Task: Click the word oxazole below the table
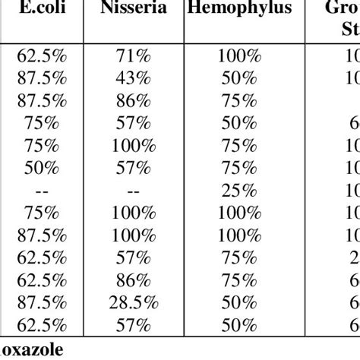[x=30, y=352]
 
